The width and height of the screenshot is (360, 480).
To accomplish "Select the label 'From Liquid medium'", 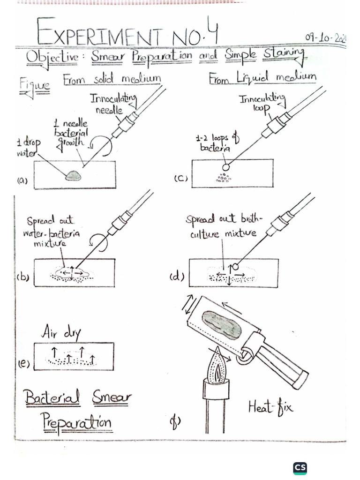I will pyautogui.click(x=262, y=78).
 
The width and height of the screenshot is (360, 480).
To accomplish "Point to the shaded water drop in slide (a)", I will pyautogui.click(x=74, y=175).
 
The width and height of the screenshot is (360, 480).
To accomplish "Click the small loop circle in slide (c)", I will pyautogui.click(x=226, y=167).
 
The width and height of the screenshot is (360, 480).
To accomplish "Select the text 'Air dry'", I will pyautogui.click(x=61, y=333).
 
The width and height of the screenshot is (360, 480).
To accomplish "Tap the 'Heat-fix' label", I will pyautogui.click(x=270, y=407).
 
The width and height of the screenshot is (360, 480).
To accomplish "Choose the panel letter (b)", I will pyautogui.click(x=23, y=277).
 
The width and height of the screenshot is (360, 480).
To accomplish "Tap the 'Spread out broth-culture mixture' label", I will pyautogui.click(x=218, y=226).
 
